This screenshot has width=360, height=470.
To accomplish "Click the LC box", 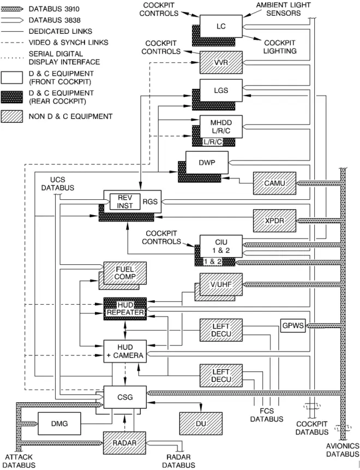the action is [x=221, y=26].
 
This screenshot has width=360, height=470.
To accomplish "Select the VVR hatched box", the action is [x=221, y=62].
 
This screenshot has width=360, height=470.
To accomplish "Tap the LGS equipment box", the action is [x=221, y=90].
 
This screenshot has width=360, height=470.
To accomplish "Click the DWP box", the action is [x=207, y=162].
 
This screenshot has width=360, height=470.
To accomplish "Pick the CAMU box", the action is [x=275, y=183].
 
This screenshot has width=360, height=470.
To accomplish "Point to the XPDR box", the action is [x=275, y=221].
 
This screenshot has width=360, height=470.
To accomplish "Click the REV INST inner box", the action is [x=125, y=202].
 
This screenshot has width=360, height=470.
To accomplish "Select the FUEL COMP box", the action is [x=125, y=273].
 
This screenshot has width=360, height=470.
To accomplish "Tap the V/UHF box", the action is [x=221, y=284].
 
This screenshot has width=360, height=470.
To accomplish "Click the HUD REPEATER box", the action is [x=125, y=309].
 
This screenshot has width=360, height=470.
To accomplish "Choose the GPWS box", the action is [x=293, y=326].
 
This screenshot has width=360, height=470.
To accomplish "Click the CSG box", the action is [x=125, y=397].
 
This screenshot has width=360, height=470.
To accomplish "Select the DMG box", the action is [x=59, y=424].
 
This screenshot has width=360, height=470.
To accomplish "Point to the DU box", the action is [x=201, y=424].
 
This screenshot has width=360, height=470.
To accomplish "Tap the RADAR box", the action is [x=124, y=443].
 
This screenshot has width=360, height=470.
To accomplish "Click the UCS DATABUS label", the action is [x=57, y=184].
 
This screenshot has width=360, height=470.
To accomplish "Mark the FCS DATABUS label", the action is [x=267, y=415].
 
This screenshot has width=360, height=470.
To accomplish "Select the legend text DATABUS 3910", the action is [x=54, y=9].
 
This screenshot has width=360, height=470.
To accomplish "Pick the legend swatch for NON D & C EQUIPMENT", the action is [x=11, y=116].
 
